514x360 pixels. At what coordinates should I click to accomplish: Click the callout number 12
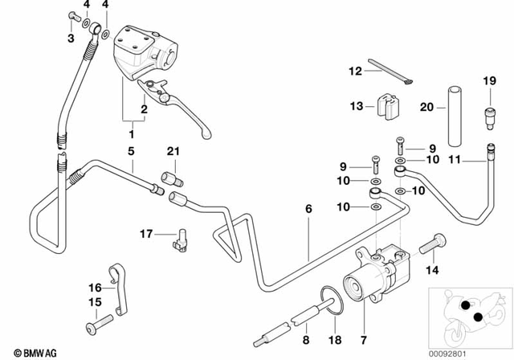point(355,72)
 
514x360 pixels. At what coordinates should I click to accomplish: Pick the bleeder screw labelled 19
point(488,108)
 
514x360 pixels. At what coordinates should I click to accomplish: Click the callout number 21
point(171,152)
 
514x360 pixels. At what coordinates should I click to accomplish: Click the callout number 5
point(128,151)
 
